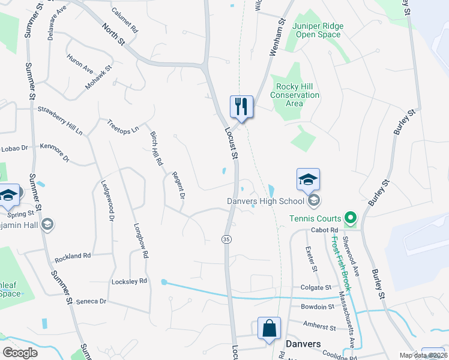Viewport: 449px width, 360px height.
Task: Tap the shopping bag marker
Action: (269, 328)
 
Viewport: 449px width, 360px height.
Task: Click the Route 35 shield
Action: (226, 239)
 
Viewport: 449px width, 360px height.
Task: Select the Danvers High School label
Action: (266, 200)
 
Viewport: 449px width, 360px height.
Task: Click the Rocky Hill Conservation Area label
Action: (294, 95)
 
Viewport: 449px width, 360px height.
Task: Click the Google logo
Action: (20, 352)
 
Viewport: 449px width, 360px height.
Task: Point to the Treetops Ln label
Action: (123, 125)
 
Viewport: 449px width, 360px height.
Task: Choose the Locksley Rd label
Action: (129, 281)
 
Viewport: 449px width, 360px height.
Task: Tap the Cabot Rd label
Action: (325, 230)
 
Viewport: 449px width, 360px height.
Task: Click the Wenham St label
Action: (277, 36)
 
